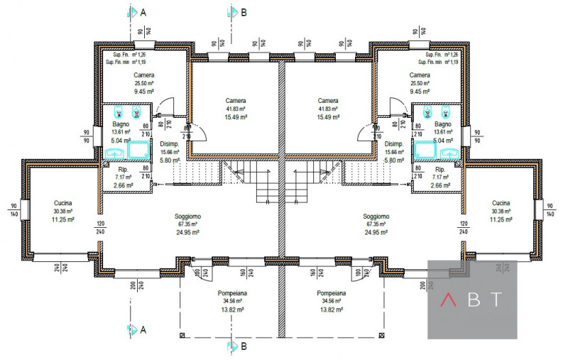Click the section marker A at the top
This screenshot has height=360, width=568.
[143, 12]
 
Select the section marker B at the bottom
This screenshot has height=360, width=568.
[244, 347]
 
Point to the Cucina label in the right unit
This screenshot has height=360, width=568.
[502, 202]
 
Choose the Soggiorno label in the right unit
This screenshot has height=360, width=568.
[376, 216]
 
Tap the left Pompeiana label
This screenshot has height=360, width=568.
[232, 293]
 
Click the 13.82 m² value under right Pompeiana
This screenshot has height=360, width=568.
[332, 310]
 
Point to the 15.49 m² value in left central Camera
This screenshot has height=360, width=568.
[236, 118]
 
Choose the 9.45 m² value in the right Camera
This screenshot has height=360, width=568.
[420, 91]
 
